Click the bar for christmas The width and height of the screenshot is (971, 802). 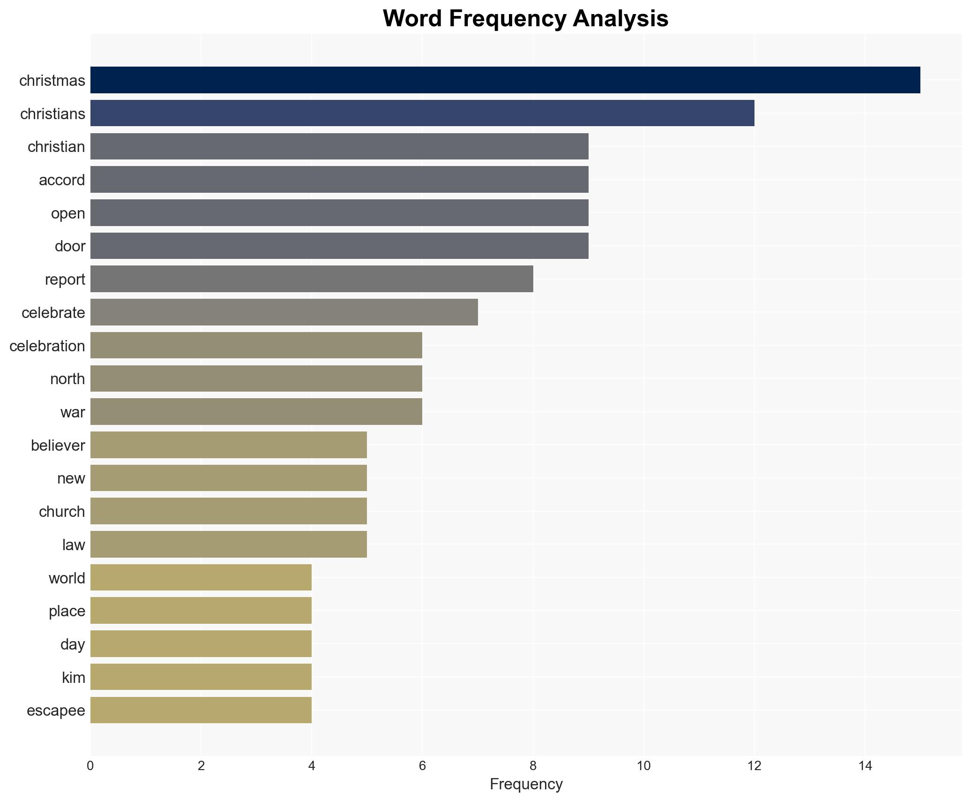(x=505, y=80)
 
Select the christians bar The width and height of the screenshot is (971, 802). (x=422, y=113)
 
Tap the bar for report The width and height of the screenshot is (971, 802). (x=312, y=279)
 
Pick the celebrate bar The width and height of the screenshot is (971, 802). (x=284, y=312)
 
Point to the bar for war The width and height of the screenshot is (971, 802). (x=256, y=412)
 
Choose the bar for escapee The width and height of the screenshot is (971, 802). (x=201, y=710)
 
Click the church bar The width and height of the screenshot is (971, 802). (x=228, y=511)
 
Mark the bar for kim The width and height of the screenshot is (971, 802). (x=201, y=677)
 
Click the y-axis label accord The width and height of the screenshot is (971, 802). (x=62, y=180)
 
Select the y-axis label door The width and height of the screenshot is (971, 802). (x=70, y=246)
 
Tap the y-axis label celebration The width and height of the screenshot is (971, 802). (x=47, y=346)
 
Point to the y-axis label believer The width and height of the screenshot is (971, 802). (x=58, y=446)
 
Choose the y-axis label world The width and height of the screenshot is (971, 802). (x=67, y=578)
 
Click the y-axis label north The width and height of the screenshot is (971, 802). (x=67, y=379)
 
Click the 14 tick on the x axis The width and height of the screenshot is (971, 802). (x=865, y=766)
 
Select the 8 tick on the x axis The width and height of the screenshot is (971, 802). (x=533, y=766)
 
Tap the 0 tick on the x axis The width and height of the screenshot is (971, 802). (x=90, y=766)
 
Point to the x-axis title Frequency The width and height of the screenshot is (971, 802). (x=526, y=784)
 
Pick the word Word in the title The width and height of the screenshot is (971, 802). (x=412, y=19)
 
